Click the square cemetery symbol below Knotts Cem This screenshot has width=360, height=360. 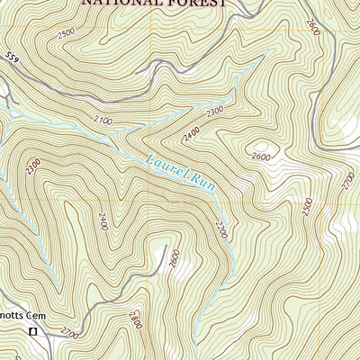[32, 332]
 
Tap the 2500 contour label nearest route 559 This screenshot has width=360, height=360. [65, 34]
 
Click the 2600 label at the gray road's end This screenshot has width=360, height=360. [174, 258]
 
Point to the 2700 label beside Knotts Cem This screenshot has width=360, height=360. [69, 333]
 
